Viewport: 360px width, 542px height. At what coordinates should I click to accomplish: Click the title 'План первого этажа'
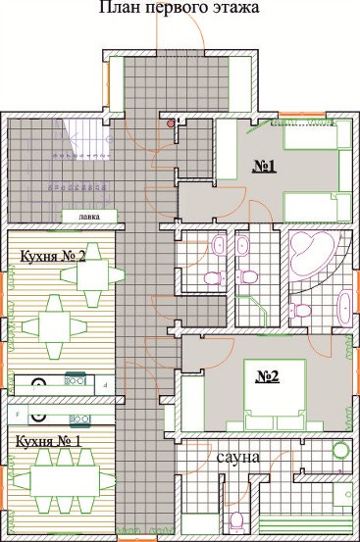[x=180, y=7]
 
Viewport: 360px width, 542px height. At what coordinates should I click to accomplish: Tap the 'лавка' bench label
[x=89, y=217]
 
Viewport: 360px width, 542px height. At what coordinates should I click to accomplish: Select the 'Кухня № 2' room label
[x=53, y=257]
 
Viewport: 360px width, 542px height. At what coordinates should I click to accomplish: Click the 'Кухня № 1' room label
[x=49, y=441]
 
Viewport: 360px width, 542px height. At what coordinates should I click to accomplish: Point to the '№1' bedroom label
[x=265, y=167]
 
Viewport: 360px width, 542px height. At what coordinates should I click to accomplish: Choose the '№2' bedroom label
[x=268, y=376]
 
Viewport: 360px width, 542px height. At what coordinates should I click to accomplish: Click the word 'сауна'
[x=238, y=457]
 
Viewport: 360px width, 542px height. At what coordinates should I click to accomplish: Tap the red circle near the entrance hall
[x=171, y=123]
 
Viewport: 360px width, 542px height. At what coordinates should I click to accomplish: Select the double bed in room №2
[x=276, y=395]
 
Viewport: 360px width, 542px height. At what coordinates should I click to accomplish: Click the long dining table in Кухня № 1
[x=65, y=481]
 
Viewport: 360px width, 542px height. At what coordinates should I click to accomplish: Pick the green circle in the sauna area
[x=341, y=450]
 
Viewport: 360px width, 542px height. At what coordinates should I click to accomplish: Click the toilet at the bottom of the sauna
[x=236, y=519]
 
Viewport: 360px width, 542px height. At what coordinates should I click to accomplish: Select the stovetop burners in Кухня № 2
[x=76, y=380]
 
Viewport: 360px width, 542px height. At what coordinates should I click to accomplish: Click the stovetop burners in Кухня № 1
[x=80, y=419]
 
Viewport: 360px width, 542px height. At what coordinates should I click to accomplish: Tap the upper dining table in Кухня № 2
[x=92, y=274]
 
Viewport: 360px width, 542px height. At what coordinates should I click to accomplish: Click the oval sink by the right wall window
[x=344, y=308]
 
